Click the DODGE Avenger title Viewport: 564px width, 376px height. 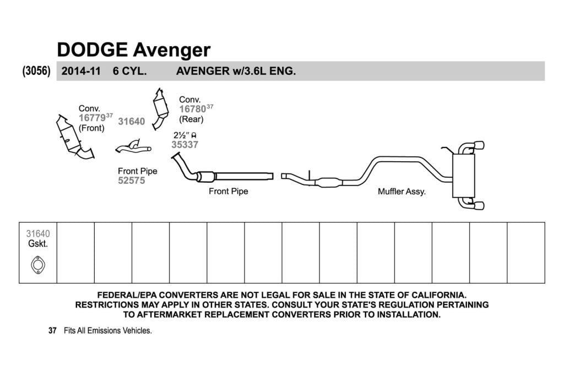click(x=133, y=50)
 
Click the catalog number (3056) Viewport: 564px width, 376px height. click(x=36, y=70)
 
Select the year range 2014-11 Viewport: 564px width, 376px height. click(x=81, y=71)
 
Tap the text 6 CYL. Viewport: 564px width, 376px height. click(x=129, y=71)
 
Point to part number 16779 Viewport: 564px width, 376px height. click(x=92, y=118)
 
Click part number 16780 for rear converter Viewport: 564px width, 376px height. click(x=192, y=109)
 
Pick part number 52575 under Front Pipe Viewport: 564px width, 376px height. click(x=131, y=181)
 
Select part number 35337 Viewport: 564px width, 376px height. click(x=185, y=144)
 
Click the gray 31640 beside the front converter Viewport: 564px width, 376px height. click(x=131, y=122)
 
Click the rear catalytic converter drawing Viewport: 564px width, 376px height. click(x=160, y=108)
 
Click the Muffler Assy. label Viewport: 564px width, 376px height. click(x=402, y=192)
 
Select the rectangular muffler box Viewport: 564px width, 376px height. click(x=464, y=176)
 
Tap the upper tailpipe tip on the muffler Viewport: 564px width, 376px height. click(x=480, y=145)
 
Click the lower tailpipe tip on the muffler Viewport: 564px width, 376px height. click(x=480, y=205)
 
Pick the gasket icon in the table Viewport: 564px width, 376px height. click(x=38, y=265)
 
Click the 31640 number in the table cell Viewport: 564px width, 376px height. click(x=38, y=233)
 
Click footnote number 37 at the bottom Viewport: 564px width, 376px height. click(x=52, y=330)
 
